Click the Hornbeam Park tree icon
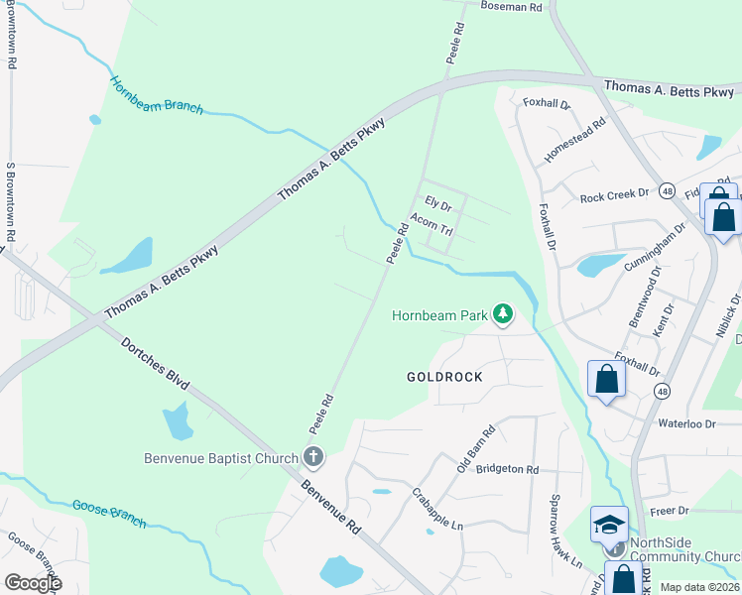pyautogui.click(x=504, y=315)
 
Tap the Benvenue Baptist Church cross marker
pyautogui.click(x=312, y=458)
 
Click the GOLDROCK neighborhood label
pyautogui.click(x=444, y=378)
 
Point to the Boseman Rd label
pyautogui.click(x=513, y=7)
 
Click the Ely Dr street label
pyautogui.click(x=438, y=205)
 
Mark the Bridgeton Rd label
pyautogui.click(x=507, y=469)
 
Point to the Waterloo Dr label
pyautogui.click(x=686, y=423)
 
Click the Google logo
pyautogui.click(x=33, y=582)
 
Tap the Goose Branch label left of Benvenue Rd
pyautogui.click(x=109, y=514)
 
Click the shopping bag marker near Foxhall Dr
pyautogui.click(x=605, y=380)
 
